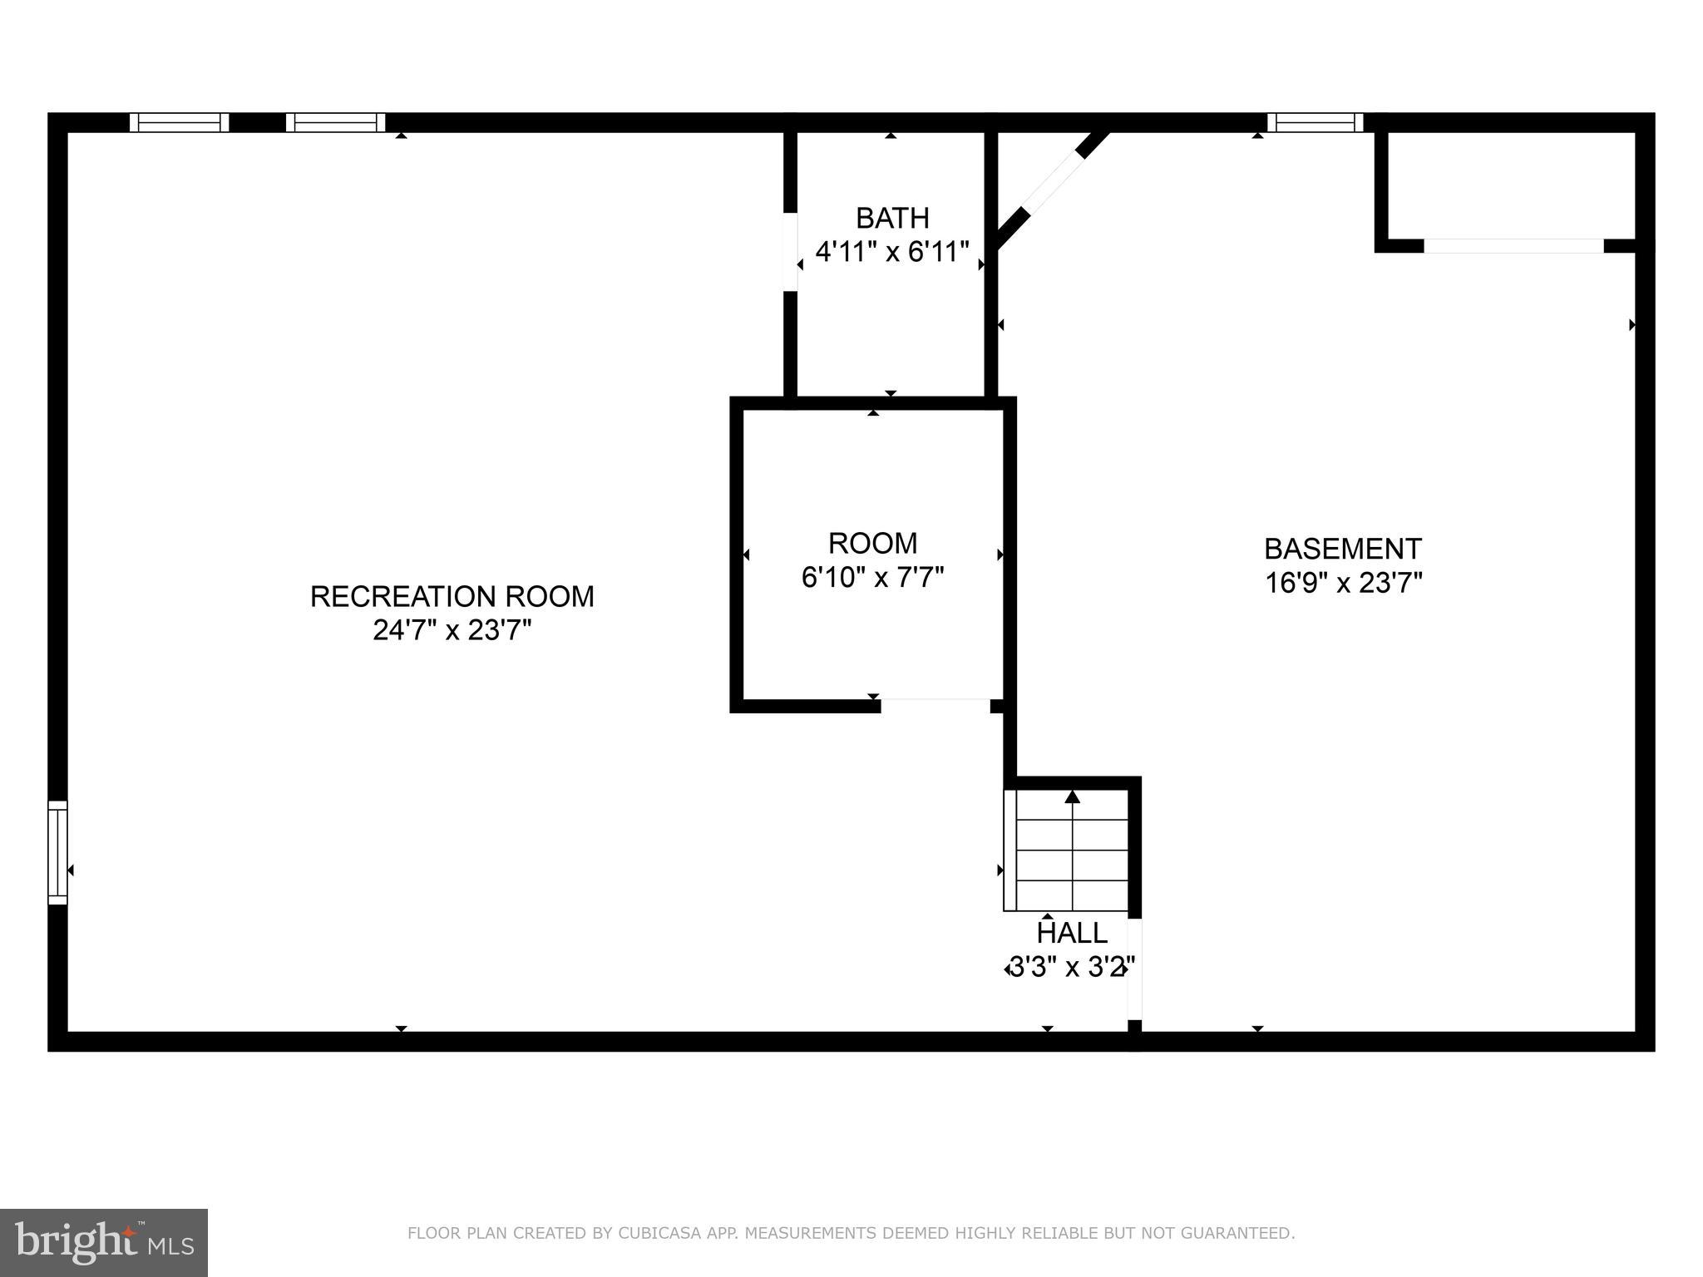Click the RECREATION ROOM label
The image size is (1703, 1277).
tap(452, 597)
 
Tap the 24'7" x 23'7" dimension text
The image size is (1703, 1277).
tap(452, 631)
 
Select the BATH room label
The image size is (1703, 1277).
tap(892, 218)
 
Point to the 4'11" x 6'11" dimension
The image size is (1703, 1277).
tap(892, 251)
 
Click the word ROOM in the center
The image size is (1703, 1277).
tap(873, 543)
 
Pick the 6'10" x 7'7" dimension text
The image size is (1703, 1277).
tap(873, 577)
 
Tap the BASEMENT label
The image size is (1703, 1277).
tap(1343, 549)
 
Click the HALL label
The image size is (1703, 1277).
tap(1072, 933)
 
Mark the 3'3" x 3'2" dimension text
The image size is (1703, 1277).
tap(1071, 968)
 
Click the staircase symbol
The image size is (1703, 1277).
tap(1071, 852)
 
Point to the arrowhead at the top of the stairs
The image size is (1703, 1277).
tap(1073, 796)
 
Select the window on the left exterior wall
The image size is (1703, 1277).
tap(57, 852)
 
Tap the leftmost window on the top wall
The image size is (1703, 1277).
tap(179, 122)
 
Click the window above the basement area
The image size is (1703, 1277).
tap(1315, 122)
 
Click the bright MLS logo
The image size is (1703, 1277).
tap(104, 1242)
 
